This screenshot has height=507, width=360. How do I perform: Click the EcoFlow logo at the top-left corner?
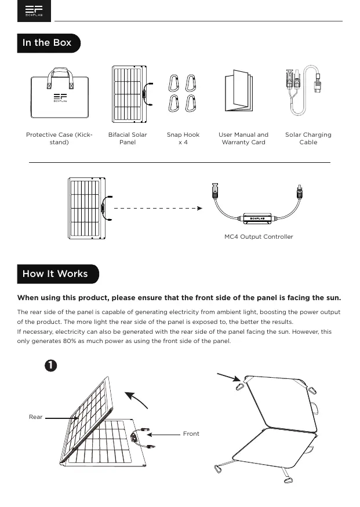[x=34, y=12]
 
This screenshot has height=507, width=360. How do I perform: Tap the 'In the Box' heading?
[x=47, y=43]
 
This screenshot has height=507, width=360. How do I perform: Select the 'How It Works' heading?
[x=55, y=273]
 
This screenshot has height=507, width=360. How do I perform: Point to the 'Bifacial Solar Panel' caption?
[x=128, y=138]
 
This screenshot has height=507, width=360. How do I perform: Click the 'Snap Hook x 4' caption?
[x=183, y=138]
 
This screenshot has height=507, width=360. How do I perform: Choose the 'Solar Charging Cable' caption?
[x=308, y=138]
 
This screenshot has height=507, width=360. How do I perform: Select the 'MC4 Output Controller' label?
[x=259, y=237]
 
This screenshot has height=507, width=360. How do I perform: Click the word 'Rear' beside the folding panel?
[x=35, y=417]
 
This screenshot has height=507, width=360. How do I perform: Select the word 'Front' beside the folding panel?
[x=191, y=433]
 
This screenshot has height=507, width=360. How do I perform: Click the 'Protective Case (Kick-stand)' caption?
[x=59, y=138]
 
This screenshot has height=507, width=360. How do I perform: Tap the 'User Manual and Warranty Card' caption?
[x=243, y=138]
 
